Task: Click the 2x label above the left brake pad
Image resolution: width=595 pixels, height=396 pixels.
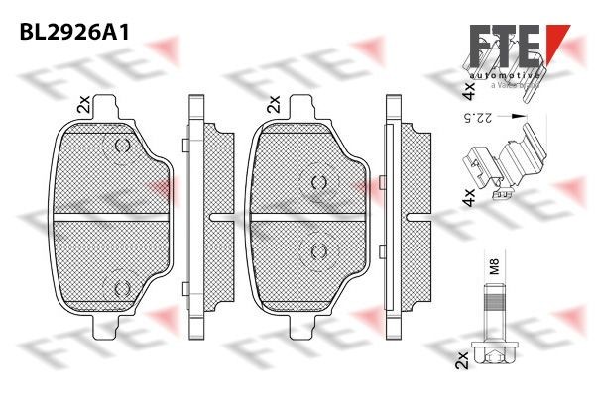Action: (83, 104)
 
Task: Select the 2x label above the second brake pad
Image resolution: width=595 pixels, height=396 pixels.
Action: (273, 104)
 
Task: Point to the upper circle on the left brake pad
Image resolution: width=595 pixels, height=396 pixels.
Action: (123, 148)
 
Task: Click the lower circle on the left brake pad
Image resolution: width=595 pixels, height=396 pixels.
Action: (123, 286)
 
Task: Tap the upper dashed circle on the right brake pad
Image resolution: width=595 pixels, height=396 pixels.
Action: (317, 181)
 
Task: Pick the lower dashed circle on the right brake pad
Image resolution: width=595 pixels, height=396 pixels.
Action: (317, 251)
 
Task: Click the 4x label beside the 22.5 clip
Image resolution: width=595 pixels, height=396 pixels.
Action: (467, 196)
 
